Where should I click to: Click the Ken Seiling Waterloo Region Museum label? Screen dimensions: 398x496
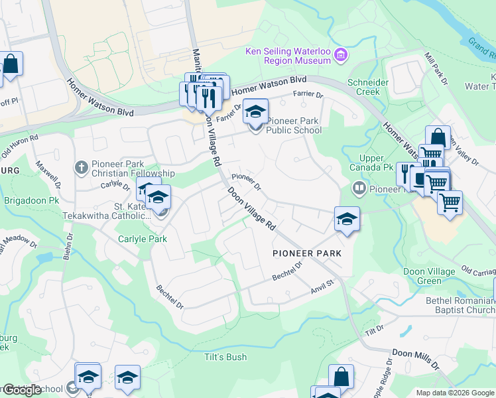[x=288, y=55]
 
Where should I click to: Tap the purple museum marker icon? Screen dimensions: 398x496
[x=341, y=54]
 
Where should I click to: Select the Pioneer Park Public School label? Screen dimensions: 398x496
[x=294, y=125]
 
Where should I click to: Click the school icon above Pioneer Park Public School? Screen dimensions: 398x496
[x=254, y=111]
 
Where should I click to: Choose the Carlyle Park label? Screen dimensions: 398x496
[x=141, y=239]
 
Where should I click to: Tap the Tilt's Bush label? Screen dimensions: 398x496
[x=225, y=357]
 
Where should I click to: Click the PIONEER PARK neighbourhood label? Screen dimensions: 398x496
[x=307, y=253]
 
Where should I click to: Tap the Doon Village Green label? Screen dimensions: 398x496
[x=429, y=276]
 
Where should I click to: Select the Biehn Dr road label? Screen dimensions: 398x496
[x=66, y=248]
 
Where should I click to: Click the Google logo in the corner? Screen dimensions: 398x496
[x=21, y=390]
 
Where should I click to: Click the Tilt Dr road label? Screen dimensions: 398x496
[x=374, y=330]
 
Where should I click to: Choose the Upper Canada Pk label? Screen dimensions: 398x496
[x=372, y=163]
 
